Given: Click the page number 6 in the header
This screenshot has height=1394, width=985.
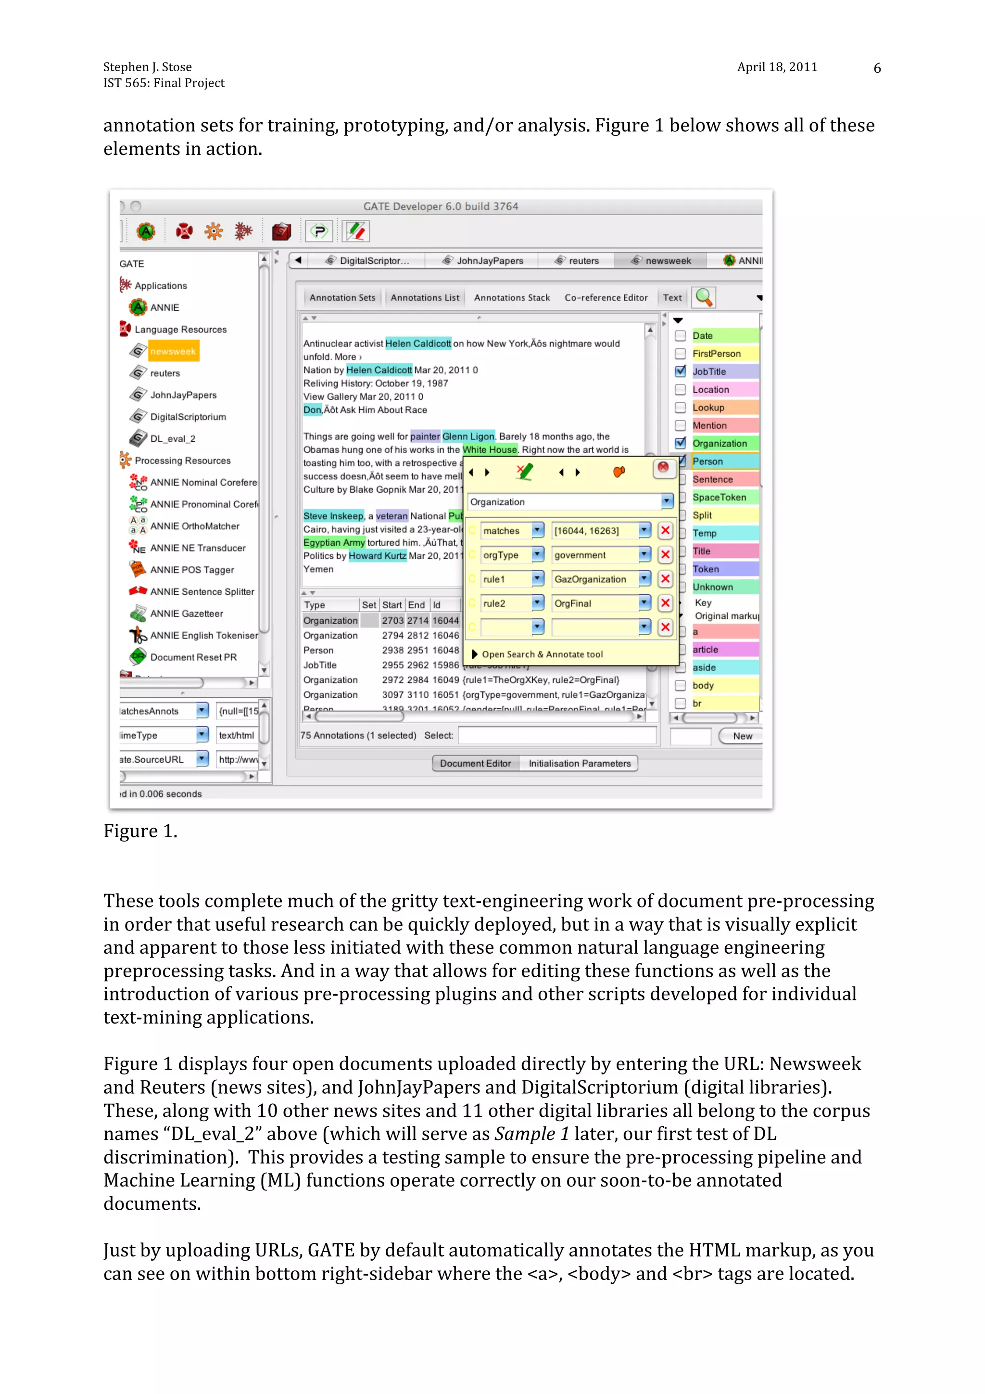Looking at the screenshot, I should coord(876,68).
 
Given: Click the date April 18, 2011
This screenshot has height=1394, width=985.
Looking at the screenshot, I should coord(777,67).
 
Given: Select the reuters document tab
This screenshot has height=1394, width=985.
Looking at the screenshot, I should coord(582,260).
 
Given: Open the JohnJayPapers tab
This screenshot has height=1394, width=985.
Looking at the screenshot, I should coord(489,260).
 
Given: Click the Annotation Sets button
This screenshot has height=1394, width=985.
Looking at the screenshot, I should coord(342,297).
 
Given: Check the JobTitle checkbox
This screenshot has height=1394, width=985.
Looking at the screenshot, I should coord(681,371).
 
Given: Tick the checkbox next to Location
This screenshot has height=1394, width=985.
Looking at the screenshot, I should coord(681,389).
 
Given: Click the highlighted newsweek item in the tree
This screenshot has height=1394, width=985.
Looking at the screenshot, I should coord(173,351).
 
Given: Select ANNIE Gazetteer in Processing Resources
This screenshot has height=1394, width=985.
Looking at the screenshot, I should coord(186,613).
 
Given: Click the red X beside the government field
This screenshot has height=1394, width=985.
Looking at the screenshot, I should coord(665,554).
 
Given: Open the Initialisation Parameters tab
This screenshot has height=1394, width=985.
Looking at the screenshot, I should coord(579,763).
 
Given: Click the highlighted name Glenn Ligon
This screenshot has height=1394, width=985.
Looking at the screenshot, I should coord(468,436).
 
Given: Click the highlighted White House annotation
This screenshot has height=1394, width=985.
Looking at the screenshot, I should coord(490,449).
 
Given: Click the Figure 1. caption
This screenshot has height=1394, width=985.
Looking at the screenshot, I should coord(140,831).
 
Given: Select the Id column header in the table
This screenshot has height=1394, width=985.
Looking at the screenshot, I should coord(437,605).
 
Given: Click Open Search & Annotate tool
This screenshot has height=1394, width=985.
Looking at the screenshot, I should coord(542,654).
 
